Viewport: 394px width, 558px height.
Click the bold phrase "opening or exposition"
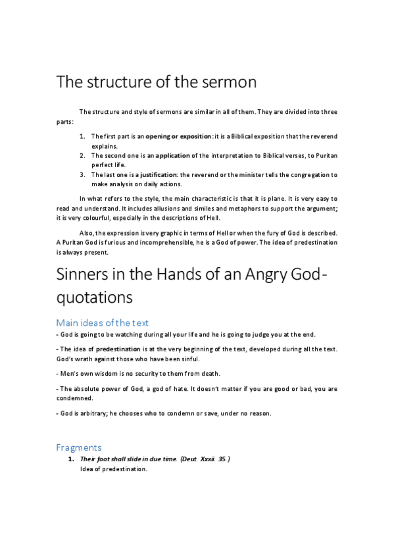click(x=179, y=136)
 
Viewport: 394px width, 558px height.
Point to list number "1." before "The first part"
click(x=82, y=136)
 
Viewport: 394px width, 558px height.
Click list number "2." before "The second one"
click(x=82, y=155)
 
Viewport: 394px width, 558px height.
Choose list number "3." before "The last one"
click(x=82, y=175)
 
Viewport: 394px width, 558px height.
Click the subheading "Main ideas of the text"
click(x=102, y=322)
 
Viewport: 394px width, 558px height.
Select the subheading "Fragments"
click(x=78, y=447)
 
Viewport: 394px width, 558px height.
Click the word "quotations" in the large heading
click(x=95, y=297)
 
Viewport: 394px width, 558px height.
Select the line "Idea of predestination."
click(x=114, y=469)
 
